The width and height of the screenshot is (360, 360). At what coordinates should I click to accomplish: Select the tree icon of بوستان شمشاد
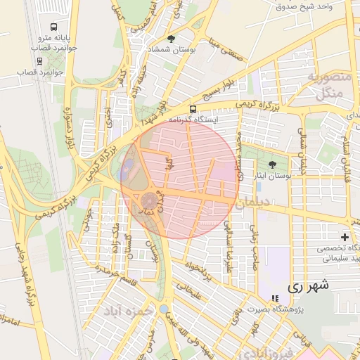click(x=171, y=39)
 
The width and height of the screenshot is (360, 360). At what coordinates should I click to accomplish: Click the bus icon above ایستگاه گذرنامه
click(x=193, y=109)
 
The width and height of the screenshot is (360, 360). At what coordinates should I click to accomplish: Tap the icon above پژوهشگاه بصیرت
click(x=275, y=299)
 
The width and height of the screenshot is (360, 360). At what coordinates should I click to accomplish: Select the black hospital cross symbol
click(x=345, y=237)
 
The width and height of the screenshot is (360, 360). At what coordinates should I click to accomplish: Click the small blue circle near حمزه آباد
click(x=164, y=309)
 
